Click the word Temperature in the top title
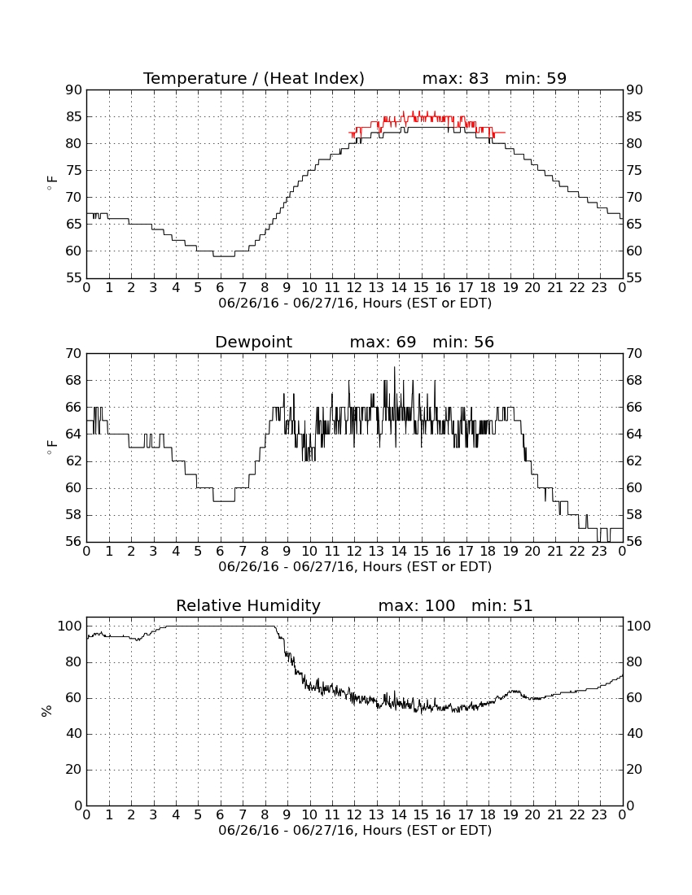coord(195,79)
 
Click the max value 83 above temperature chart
coord(479,79)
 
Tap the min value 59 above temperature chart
coord(556,79)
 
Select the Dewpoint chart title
coord(253,343)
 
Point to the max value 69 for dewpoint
coord(406,343)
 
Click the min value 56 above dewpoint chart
coord(484,343)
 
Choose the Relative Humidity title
coord(248,606)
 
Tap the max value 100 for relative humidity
coord(440,606)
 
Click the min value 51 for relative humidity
coord(523,606)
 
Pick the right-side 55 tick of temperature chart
coord(634,278)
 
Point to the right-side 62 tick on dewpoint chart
coord(634,461)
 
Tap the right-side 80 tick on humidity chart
coord(634,662)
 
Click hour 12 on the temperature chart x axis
coord(354,288)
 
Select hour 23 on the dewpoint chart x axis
coord(599,552)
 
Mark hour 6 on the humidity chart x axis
coord(221,815)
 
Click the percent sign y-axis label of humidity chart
coord(47,711)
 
